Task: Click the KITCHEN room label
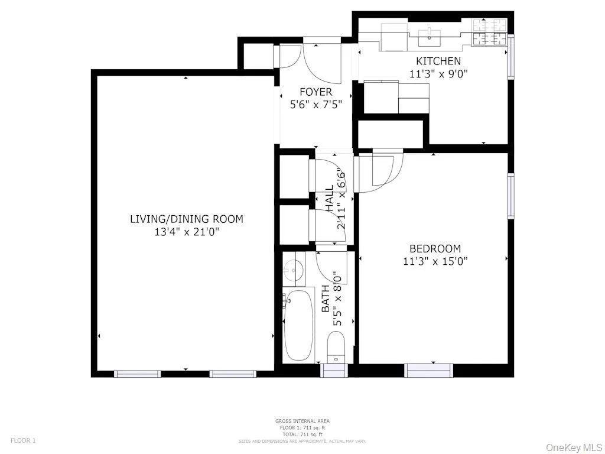coord(438,61)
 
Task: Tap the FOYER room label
coord(315,92)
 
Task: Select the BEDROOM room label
coord(435,249)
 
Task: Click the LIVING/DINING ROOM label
coord(186,219)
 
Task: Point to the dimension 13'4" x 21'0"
coord(186,232)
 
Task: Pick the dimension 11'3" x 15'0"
coord(435,261)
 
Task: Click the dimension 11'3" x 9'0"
coord(438,74)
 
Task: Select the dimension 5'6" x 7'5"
coord(315,105)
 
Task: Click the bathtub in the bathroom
coord(299,325)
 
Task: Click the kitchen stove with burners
coord(489,32)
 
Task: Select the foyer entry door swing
coord(322,63)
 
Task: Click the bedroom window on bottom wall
coord(428,371)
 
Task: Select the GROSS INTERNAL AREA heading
coord(302,421)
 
